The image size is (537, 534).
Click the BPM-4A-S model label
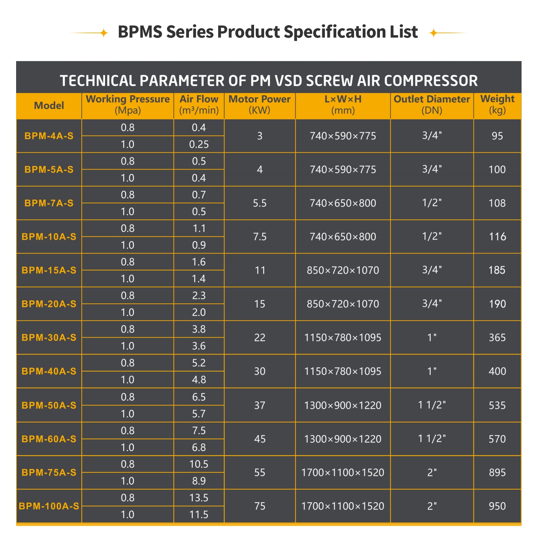pos(49,136)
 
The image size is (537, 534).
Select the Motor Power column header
pos(259,104)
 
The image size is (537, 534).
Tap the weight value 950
pos(497,506)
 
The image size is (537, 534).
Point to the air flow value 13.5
pos(199,497)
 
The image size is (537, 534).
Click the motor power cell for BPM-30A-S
pos(259,337)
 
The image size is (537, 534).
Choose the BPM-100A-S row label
pos(49,506)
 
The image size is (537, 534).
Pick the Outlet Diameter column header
pos(432,104)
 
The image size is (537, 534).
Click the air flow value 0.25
pos(199,144)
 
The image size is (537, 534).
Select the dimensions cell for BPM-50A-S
pos(343,405)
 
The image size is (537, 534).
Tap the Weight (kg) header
pos(497,104)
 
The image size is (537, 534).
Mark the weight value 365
pos(497,337)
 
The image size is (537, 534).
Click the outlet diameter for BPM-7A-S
pos(432,203)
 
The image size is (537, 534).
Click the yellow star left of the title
pos(104,33)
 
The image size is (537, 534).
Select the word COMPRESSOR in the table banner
pos(431,81)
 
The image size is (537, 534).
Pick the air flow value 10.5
pos(199,464)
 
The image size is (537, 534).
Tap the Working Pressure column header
pos(128,104)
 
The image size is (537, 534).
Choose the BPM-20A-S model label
pos(49,304)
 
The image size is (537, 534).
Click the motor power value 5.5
pos(259,203)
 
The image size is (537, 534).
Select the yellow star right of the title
pos(434,33)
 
